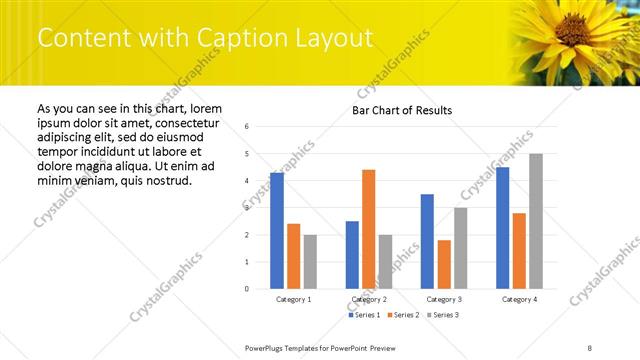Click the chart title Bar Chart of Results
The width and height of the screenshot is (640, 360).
coord(401,110)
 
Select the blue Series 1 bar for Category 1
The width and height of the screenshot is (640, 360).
coord(277,231)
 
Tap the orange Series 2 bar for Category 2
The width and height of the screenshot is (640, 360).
coord(368,229)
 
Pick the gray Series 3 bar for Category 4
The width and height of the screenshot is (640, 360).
coord(536,221)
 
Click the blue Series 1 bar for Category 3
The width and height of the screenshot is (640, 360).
coord(427,241)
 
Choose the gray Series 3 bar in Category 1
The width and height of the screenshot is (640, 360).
coord(311,262)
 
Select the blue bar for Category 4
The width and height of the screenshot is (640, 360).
coord(502,228)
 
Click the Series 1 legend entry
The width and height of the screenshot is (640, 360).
coord(364,315)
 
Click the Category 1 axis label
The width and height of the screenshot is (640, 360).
coord(294,299)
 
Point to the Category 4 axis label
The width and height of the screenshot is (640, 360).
coord(519,299)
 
